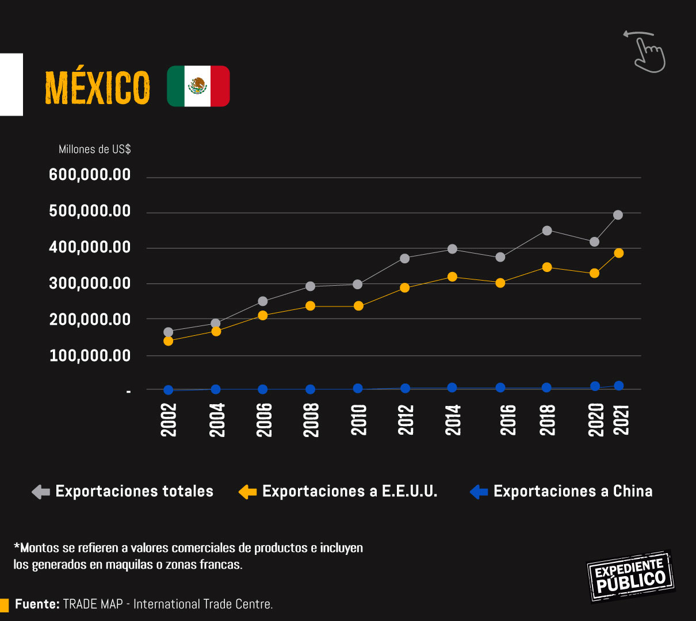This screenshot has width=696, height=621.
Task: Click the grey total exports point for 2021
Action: pyautogui.click(x=618, y=215)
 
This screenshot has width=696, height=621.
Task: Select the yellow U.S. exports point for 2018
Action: pyautogui.click(x=547, y=267)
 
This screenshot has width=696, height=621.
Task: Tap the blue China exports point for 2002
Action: pyautogui.click(x=168, y=390)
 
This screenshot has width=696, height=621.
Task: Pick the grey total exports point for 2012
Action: pyautogui.click(x=405, y=259)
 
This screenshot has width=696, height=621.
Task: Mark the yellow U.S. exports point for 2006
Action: pyautogui.click(x=263, y=315)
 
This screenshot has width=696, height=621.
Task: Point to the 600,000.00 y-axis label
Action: pyautogui.click(x=90, y=175)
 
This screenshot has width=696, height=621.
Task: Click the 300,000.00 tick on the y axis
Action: pyautogui.click(x=90, y=283)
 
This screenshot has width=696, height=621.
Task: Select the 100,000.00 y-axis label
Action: pyautogui.click(x=90, y=356)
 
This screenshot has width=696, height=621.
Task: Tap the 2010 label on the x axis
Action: pyautogui.click(x=359, y=420)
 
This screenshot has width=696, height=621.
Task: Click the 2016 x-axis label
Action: pyautogui.click(x=508, y=420)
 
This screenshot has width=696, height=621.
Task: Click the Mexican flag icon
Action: pyautogui.click(x=198, y=86)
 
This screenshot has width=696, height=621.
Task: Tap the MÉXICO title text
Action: pyautogui.click(x=97, y=88)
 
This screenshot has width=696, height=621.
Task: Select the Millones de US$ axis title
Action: pyautogui.click(x=94, y=149)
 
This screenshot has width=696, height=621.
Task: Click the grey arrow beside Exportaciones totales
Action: pyautogui.click(x=41, y=492)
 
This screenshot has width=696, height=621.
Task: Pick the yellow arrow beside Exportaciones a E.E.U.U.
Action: pyautogui.click(x=247, y=492)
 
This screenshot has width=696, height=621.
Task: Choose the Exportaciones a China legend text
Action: pyautogui.click(x=573, y=492)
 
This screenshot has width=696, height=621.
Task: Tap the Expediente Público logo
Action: pyautogui.click(x=630, y=576)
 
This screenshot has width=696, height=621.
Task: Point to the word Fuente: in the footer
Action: pyautogui.click(x=37, y=604)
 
